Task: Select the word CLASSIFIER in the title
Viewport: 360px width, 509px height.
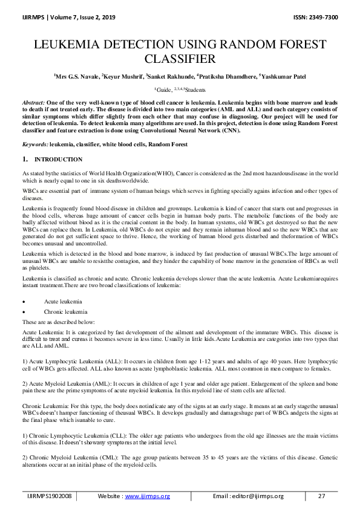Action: click(180, 59)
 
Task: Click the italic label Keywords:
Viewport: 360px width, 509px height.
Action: click(34, 144)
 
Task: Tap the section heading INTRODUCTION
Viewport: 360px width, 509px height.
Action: click(58, 160)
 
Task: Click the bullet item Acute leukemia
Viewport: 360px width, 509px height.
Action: click(62, 301)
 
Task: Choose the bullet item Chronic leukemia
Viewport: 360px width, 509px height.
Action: click(64, 311)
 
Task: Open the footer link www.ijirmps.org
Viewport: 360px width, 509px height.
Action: click(147, 496)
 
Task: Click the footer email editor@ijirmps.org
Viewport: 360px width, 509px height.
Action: click(256, 496)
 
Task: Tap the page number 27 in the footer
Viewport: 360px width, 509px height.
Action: click(321, 496)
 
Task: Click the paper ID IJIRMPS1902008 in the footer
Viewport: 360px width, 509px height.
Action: click(50, 496)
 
